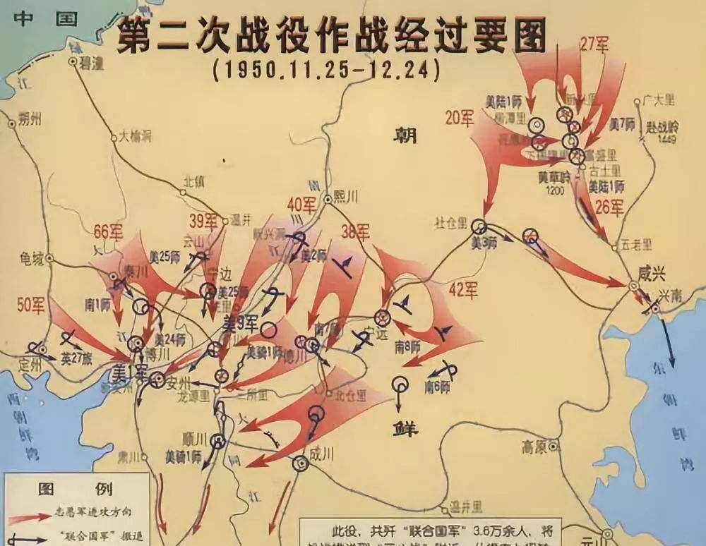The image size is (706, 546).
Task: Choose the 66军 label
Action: [x=108, y=231]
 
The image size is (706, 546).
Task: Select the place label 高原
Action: [x=534, y=447]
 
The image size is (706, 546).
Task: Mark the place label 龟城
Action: [x=32, y=258]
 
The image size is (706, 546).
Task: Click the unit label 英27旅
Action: [x=77, y=359]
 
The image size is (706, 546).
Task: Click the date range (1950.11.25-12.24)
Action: [x=325, y=70]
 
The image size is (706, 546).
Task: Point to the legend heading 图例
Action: [x=76, y=487]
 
